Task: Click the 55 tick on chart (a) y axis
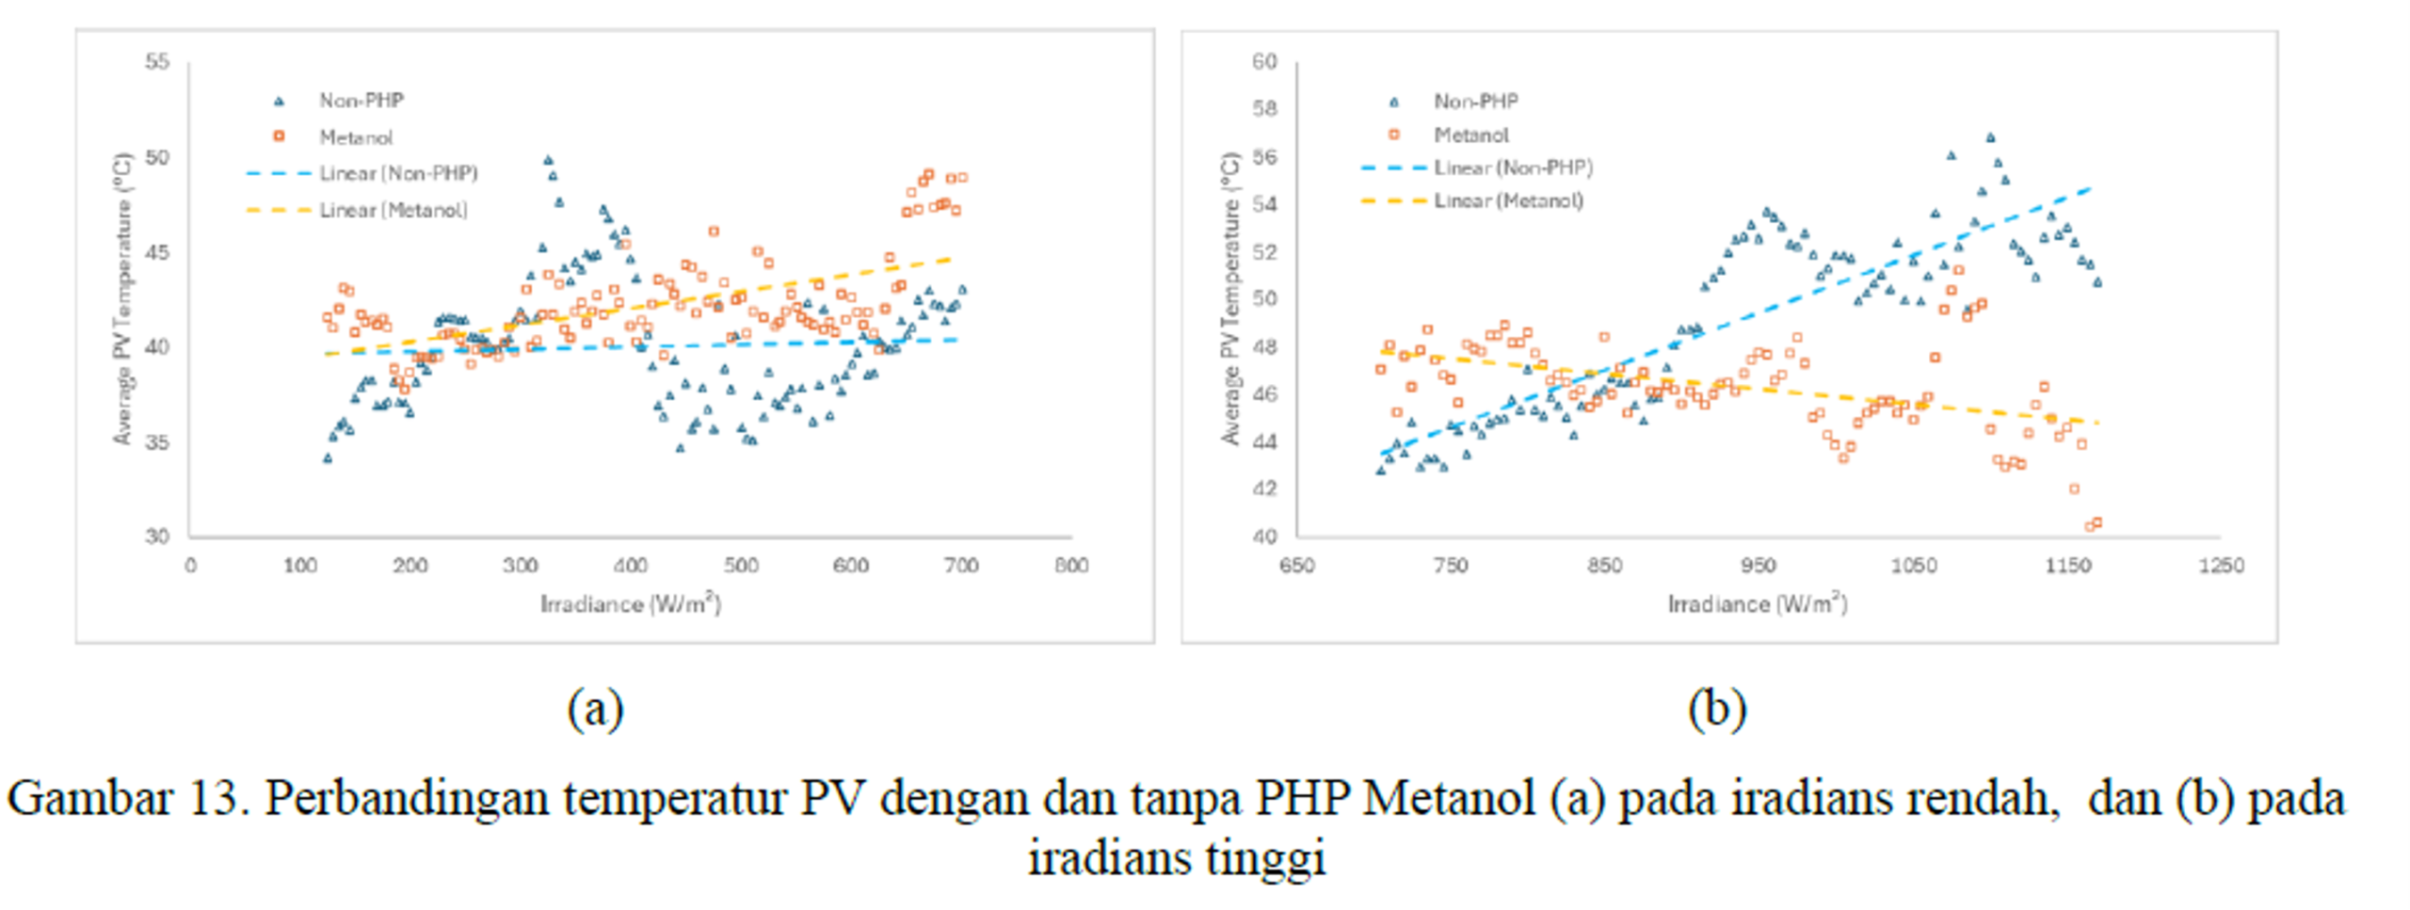click(156, 62)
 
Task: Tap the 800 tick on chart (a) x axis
click(1071, 566)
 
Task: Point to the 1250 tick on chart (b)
click(2221, 566)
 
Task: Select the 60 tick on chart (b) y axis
click(1264, 62)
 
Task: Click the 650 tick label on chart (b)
click(1296, 566)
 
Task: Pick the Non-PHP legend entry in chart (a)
click(361, 101)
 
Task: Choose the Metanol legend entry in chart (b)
click(1470, 136)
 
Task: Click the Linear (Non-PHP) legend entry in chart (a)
click(397, 174)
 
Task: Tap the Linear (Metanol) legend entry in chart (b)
click(1508, 201)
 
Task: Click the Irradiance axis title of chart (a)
click(630, 604)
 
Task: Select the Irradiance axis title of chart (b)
click(1757, 604)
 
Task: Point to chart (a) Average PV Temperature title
click(122, 298)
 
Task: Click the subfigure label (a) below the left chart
click(595, 709)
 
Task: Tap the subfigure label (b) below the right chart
click(1717, 709)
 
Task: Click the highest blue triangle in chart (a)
click(548, 160)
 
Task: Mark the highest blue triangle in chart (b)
click(1990, 137)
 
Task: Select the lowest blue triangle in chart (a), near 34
click(328, 458)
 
